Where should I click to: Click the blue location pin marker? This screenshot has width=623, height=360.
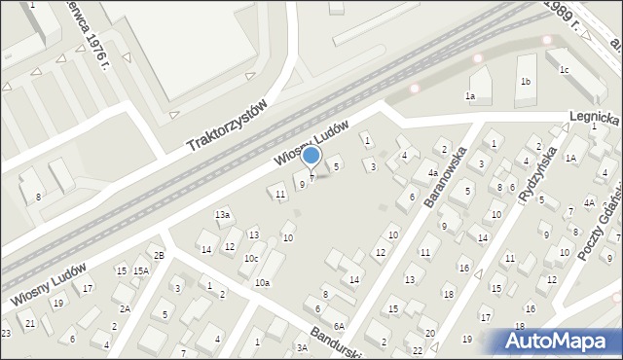coord(311,156)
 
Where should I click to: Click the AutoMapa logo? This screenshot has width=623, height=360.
coord(560,341)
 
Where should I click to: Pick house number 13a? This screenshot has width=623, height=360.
coord(223,214)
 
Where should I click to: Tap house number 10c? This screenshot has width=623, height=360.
coord(251,259)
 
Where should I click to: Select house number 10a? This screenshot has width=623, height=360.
coord(262,282)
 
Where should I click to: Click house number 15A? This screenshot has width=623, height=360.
coord(141,270)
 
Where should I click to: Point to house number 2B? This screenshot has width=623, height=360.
coord(159,255)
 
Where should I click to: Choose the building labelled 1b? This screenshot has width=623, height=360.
coord(526,82)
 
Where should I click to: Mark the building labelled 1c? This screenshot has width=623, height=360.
coord(564,70)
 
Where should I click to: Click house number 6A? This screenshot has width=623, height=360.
coord(339,327)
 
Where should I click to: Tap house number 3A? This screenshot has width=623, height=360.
coord(302,347)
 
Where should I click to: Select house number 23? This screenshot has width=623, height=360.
coord(6,334)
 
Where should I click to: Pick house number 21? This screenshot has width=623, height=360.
coord(30,323)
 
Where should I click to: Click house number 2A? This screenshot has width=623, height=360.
coord(125,308)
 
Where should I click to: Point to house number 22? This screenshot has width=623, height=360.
coord(417,350)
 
